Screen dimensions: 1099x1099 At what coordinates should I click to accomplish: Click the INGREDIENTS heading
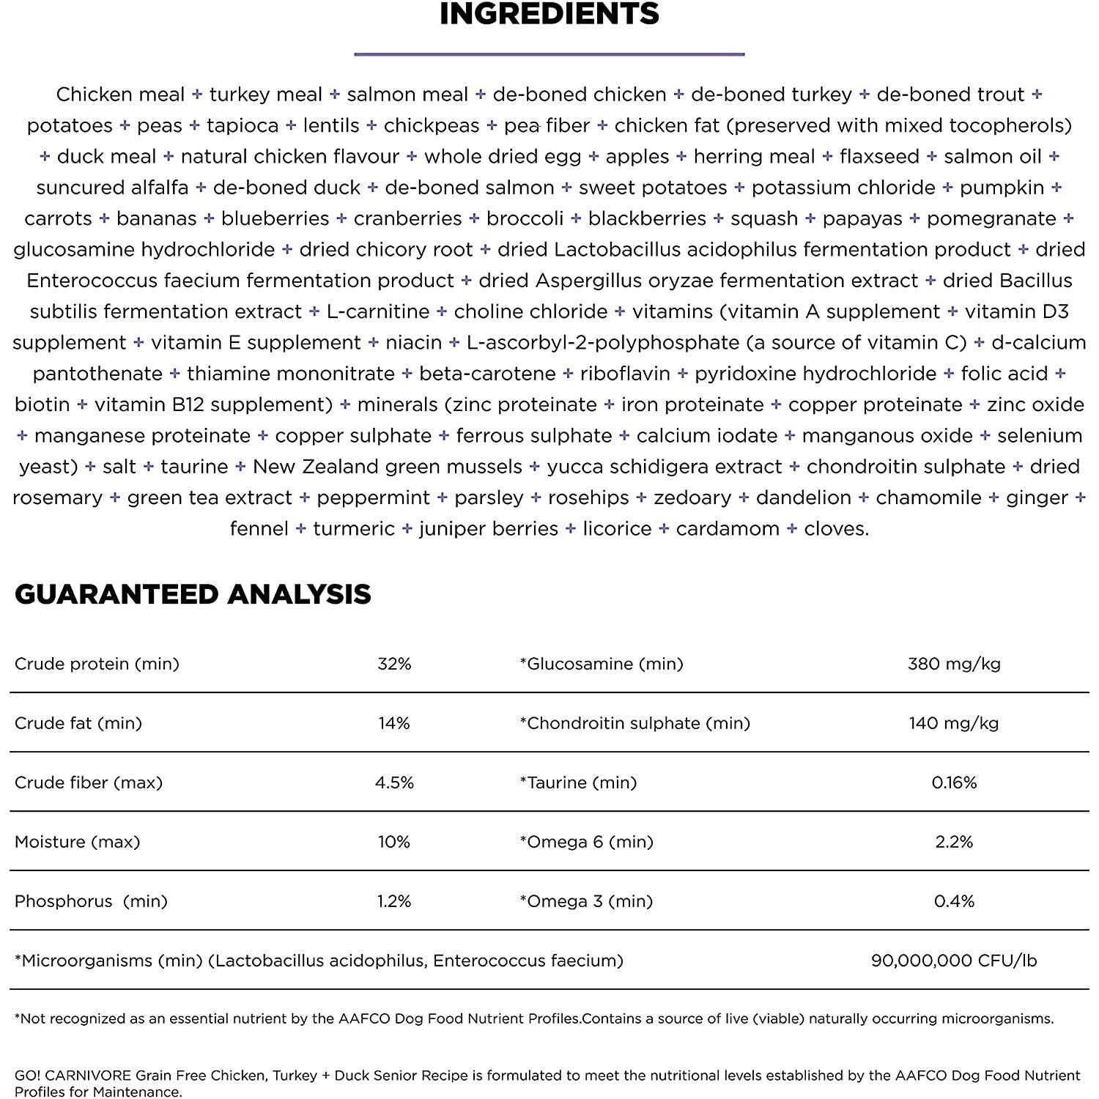pyautogui.click(x=549, y=15)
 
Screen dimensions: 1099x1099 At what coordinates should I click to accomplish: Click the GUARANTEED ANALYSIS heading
pyautogui.click(x=193, y=594)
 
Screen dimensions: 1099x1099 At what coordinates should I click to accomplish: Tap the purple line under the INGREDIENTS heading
pyautogui.click(x=549, y=53)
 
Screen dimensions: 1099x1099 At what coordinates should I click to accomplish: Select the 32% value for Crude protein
pyautogui.click(x=394, y=664)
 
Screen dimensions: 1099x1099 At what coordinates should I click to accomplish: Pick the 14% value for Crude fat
pyautogui.click(x=394, y=723)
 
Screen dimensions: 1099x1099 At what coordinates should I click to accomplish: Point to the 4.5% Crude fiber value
pyautogui.click(x=394, y=782)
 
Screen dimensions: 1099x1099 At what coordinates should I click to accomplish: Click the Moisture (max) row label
pyautogui.click(x=77, y=842)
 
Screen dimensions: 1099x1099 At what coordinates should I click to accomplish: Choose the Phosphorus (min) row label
pyautogui.click(x=91, y=901)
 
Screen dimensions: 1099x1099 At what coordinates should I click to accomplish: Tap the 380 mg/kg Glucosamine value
pyautogui.click(x=954, y=664)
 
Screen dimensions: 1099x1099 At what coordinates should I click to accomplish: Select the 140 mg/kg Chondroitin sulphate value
pyautogui.click(x=954, y=723)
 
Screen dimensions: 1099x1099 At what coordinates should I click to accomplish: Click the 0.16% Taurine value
pyautogui.click(x=954, y=782)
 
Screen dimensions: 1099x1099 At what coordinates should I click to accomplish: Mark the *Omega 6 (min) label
pyautogui.click(x=586, y=842)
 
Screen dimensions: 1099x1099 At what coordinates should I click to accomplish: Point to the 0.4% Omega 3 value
pyautogui.click(x=954, y=901)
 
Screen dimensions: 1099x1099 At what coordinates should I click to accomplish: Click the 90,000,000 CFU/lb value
pyautogui.click(x=954, y=961)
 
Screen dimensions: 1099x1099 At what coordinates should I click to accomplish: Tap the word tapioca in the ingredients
pyautogui.click(x=243, y=126)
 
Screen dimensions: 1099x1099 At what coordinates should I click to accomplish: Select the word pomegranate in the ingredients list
pyautogui.click(x=991, y=219)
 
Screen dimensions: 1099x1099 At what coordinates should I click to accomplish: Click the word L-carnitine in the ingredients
pyautogui.click(x=378, y=312)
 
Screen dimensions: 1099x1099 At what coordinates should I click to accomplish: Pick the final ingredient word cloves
pyautogui.click(x=836, y=529)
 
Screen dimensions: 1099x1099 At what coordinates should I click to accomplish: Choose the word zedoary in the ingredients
pyautogui.click(x=692, y=498)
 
